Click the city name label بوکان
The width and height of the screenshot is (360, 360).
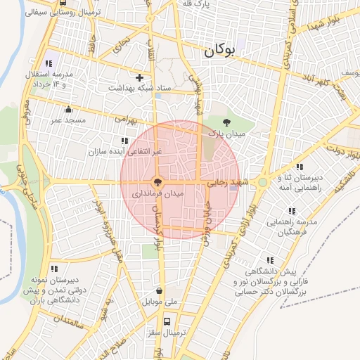[x=218, y=51]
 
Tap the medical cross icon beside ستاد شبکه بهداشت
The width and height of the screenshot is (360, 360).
[x=139, y=77]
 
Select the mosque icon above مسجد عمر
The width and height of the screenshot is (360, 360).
[x=68, y=109]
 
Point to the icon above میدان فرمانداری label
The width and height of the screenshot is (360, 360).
[x=158, y=181]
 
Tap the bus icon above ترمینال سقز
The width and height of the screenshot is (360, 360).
[x=167, y=321]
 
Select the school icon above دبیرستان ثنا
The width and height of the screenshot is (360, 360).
[x=300, y=167]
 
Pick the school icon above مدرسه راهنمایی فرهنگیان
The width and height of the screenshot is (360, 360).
[x=291, y=210]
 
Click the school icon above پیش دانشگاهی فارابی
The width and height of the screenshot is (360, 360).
[x=269, y=260]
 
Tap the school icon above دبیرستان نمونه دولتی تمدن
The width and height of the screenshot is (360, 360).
[x=54, y=268]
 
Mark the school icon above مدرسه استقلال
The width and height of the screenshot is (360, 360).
[x=49, y=63]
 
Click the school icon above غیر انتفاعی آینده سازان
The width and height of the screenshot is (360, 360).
[x=125, y=141]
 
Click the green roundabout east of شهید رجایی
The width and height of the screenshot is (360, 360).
[x=262, y=182]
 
